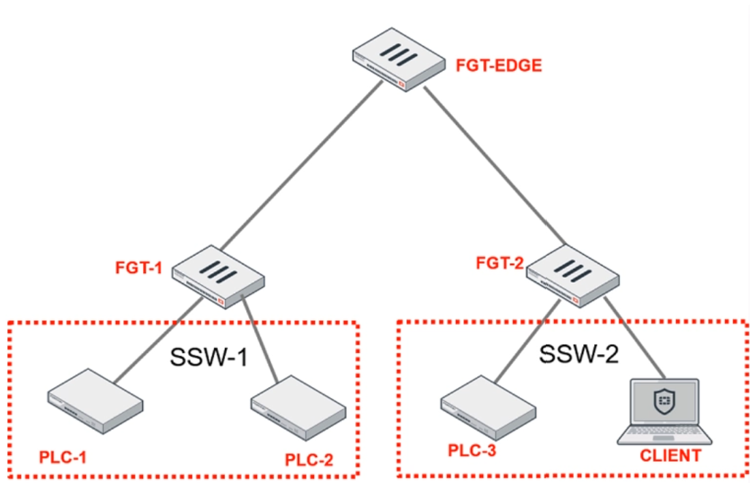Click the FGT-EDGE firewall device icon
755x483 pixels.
pos(399,59)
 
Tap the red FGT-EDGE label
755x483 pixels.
pos(499,65)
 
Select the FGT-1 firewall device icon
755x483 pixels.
pos(218,277)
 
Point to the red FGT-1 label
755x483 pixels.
pos(139,268)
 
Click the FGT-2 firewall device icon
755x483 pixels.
pos(573,275)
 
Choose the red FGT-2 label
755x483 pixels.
pos(499,263)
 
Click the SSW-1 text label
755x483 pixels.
pos(209,358)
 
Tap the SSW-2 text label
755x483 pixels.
pos(579,354)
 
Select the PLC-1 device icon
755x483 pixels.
pos(95,401)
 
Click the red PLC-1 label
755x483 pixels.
pos(63,457)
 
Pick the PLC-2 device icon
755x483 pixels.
pos(298,407)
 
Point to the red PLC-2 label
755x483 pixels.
pos(309,460)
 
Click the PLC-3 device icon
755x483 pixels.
pos(489,407)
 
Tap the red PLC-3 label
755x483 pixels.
pos(472,451)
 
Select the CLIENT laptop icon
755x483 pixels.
pos(664,411)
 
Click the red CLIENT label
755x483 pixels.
pos(671,456)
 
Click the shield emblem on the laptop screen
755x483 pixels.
pos(664,401)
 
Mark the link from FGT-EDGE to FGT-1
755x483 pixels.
pos(301,165)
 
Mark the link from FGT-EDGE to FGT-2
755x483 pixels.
pos(495,165)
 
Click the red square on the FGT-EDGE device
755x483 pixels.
pos(401,84)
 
